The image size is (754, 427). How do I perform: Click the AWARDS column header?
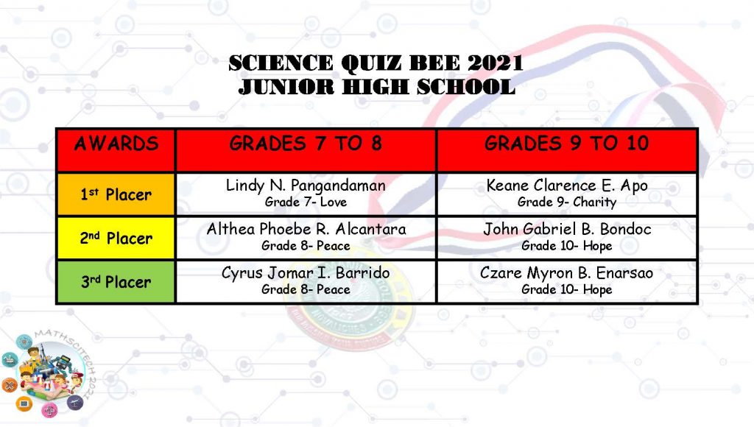click(x=116, y=144)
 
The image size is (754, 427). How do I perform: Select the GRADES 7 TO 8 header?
click(x=306, y=144)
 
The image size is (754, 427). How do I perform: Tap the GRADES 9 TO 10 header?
click(x=566, y=144)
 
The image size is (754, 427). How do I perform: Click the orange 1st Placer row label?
click(x=116, y=194)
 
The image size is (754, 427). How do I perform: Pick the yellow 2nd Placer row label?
click(x=116, y=238)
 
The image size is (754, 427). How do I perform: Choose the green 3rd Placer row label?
click(x=116, y=282)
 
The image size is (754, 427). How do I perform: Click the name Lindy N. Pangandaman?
click(x=306, y=186)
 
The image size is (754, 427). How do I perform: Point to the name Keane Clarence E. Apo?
click(x=567, y=186)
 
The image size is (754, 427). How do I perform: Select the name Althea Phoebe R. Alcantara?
click(x=306, y=229)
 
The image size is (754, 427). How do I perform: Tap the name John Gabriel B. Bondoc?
click(x=568, y=229)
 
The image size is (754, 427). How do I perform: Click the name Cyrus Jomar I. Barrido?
click(x=306, y=272)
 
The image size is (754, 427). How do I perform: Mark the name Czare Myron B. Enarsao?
click(x=566, y=272)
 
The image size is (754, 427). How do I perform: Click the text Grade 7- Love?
click(x=306, y=202)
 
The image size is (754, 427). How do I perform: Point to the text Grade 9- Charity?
click(x=567, y=202)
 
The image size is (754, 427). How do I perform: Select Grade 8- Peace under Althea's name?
click(x=306, y=246)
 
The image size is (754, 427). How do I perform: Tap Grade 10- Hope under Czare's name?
click(x=567, y=289)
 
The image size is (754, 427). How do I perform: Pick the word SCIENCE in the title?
click(x=281, y=63)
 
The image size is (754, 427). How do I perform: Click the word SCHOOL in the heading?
click(x=466, y=87)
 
